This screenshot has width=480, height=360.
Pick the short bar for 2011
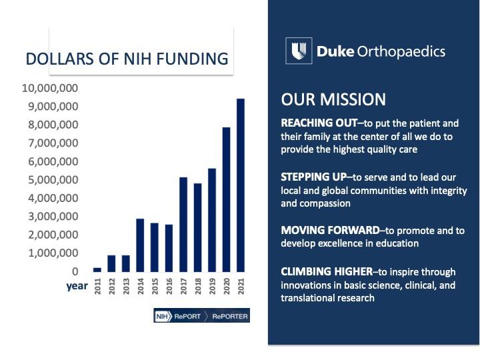(97, 269)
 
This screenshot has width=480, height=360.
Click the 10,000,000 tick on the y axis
(50, 88)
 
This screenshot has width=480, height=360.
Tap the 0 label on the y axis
(75, 271)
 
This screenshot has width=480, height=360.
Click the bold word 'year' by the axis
(77, 287)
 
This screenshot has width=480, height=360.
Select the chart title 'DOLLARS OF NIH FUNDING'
(127, 59)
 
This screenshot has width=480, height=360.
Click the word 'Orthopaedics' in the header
(403, 51)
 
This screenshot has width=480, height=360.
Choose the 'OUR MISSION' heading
(333, 99)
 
